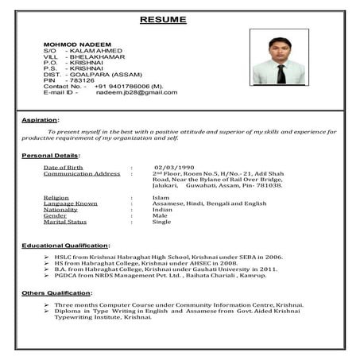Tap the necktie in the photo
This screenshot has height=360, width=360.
point(281,73)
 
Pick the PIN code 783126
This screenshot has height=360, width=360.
point(83,79)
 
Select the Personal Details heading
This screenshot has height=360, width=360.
point(50,156)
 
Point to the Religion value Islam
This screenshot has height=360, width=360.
point(161,196)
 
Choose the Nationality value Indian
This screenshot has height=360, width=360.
point(163,209)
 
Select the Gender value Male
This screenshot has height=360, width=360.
point(160,215)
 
